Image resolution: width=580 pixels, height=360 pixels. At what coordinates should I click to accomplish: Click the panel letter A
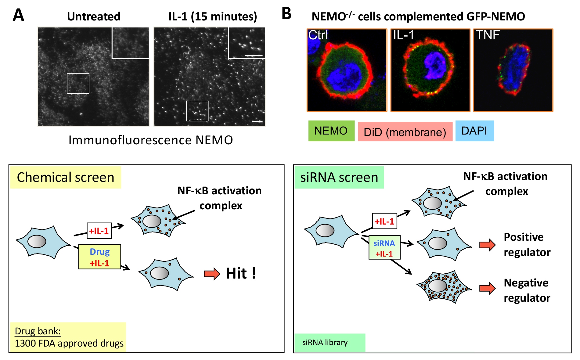point(18,15)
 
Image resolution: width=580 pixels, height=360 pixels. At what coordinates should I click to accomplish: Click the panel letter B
point(286,14)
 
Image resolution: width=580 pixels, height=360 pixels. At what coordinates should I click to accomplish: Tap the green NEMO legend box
point(331,131)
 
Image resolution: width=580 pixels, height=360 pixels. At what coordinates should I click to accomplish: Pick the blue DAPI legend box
point(474,131)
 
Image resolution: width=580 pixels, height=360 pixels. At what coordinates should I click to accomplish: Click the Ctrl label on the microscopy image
point(318,35)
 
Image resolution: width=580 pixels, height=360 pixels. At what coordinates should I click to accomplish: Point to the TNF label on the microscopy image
point(487,35)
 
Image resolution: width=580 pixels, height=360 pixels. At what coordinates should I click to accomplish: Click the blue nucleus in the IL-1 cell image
point(435,66)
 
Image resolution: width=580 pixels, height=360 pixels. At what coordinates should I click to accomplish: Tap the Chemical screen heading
point(66,177)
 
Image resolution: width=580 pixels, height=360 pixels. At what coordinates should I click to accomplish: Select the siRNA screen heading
point(339,177)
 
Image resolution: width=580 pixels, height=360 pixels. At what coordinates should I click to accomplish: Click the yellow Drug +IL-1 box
point(99,257)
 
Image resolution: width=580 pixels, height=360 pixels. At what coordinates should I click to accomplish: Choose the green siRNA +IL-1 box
point(384,248)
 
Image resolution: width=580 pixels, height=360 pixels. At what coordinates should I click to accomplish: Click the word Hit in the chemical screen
point(236,273)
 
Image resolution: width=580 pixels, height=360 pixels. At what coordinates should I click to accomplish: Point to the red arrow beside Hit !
point(212,274)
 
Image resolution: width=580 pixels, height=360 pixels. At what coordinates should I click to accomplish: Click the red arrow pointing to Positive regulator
point(487,245)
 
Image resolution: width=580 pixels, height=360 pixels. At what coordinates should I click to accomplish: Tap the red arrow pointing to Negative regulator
point(487,288)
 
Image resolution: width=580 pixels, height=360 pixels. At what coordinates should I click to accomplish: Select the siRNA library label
point(325,343)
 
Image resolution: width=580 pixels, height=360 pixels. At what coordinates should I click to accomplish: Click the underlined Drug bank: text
point(38,331)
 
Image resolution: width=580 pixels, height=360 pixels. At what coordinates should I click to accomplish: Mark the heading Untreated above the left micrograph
point(94,16)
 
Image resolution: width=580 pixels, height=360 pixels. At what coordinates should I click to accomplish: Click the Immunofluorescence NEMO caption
point(151,140)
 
